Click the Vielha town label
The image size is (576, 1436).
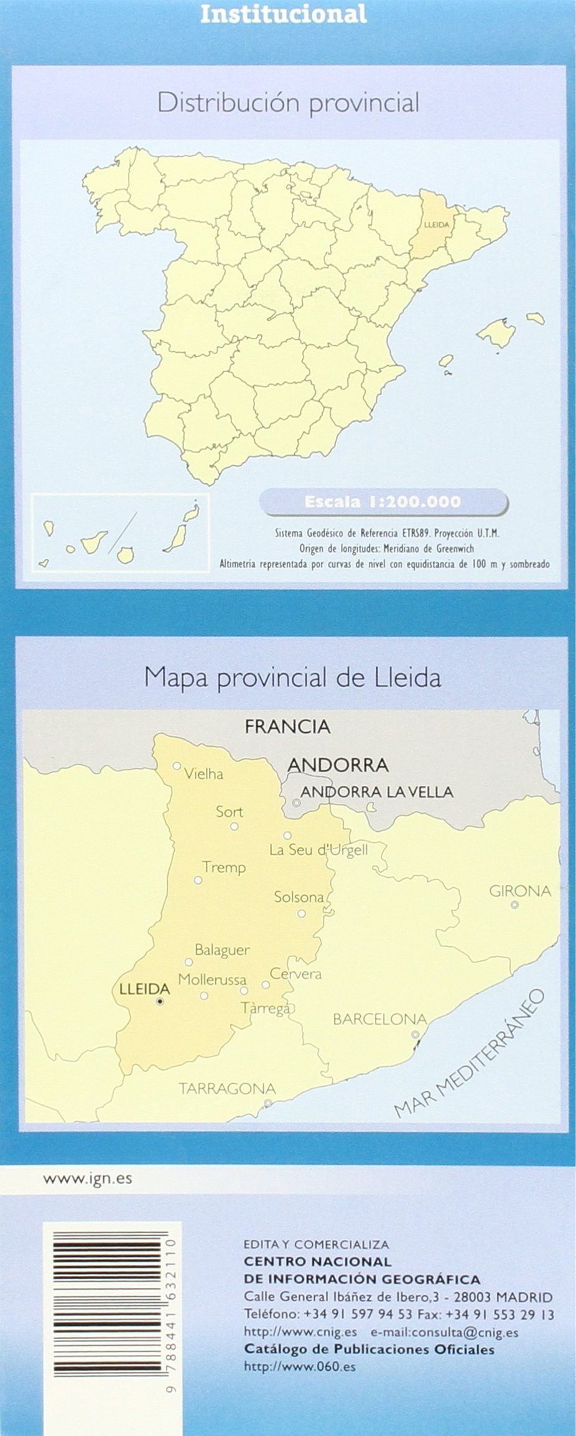click(204, 774)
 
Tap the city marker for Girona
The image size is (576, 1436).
click(514, 905)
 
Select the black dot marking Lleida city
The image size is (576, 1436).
click(160, 1002)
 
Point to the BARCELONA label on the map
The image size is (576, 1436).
click(380, 1019)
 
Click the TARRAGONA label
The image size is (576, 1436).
click(227, 1088)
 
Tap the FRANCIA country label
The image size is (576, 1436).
click(287, 726)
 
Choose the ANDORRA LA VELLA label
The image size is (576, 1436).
click(376, 791)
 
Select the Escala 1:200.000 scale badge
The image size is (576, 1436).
click(383, 501)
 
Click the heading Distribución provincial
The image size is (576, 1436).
click(288, 103)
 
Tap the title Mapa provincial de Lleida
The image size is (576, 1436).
click(292, 677)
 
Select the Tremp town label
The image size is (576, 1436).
click(224, 867)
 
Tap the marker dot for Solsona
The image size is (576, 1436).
click(302, 913)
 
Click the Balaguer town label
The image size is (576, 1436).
click(222, 950)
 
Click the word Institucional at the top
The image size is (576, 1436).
click(283, 14)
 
